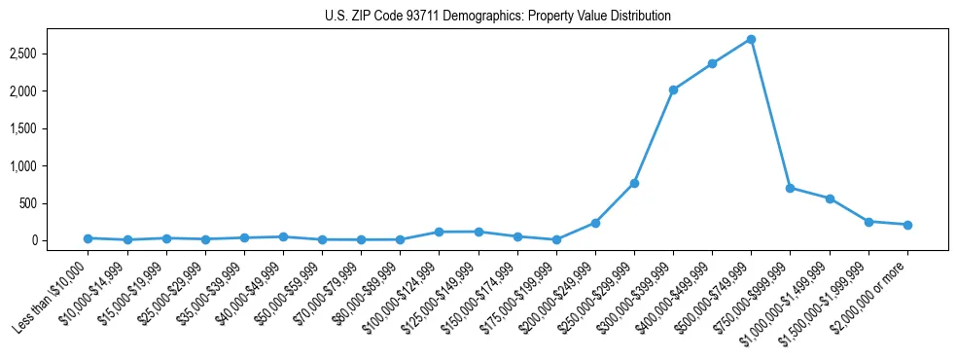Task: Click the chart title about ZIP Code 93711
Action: coord(497,16)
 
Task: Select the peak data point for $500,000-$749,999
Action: coord(751,40)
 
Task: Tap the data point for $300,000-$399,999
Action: coord(673,90)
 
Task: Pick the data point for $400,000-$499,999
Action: coord(712,63)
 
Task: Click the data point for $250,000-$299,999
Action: coord(634,183)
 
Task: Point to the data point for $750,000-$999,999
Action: coord(790,188)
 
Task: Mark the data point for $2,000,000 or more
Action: coord(907,225)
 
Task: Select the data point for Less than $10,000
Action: coord(88,238)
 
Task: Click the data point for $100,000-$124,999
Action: coord(439,232)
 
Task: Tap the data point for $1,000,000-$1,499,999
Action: coord(830,198)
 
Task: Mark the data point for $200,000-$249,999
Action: coord(595,223)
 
